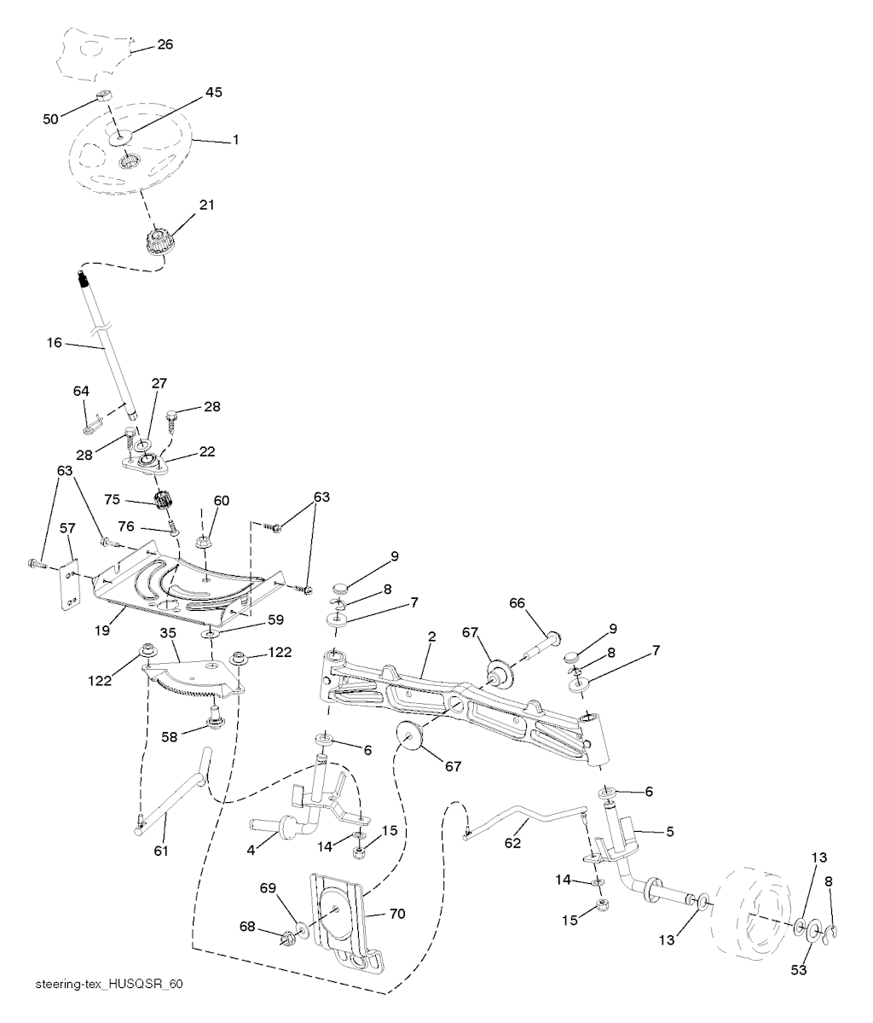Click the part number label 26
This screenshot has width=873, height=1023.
tap(165, 44)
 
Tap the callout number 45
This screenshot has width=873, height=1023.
tap(213, 93)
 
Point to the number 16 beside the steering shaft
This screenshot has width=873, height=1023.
tap(54, 342)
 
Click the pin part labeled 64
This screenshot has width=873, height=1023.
tap(93, 424)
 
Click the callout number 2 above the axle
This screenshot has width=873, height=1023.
tap(431, 636)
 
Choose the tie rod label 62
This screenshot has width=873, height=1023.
tap(513, 842)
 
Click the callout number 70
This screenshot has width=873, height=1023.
tap(397, 914)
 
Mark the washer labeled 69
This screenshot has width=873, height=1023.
tap(301, 929)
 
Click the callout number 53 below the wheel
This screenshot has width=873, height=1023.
tap(799, 970)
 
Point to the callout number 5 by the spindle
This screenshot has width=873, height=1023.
tap(670, 832)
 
